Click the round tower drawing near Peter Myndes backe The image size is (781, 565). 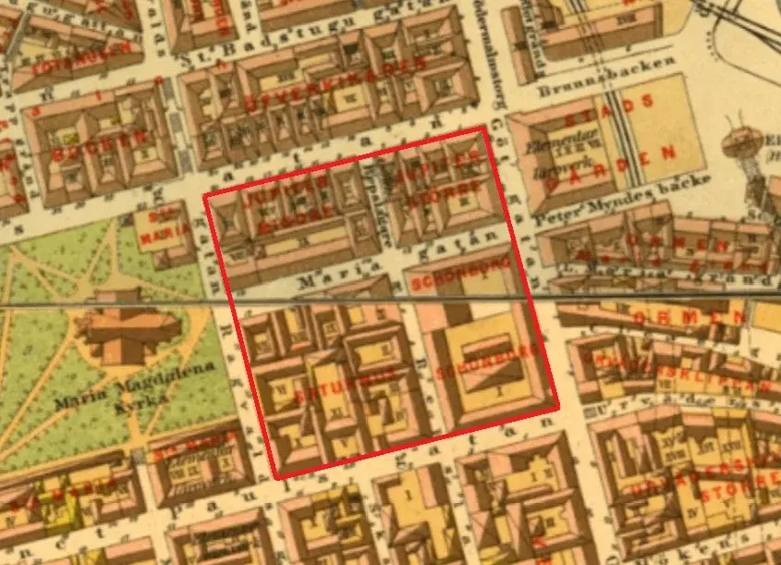click(x=739, y=144)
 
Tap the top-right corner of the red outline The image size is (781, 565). click(x=485, y=130)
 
